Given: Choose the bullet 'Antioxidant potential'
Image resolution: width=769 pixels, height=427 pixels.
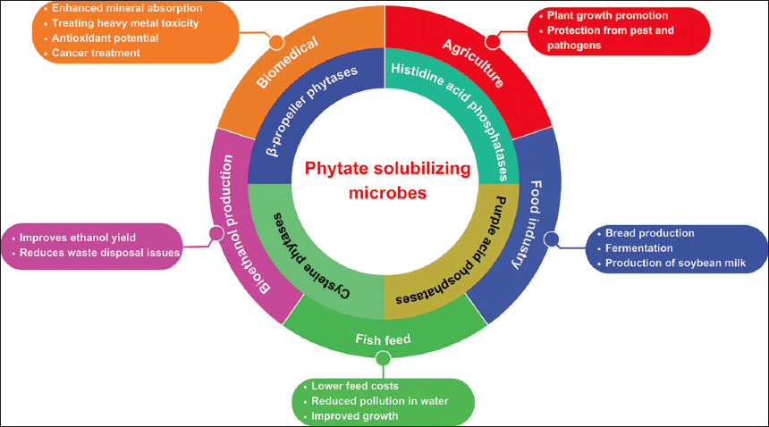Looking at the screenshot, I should [x=106, y=38].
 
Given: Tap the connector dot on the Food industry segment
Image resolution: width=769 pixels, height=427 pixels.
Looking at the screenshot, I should [x=552, y=239].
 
